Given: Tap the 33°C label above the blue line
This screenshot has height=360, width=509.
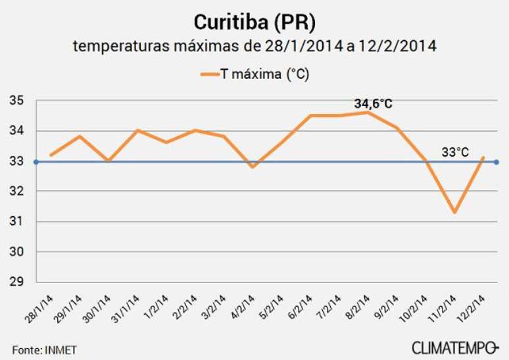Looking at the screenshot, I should pyautogui.click(x=454, y=152).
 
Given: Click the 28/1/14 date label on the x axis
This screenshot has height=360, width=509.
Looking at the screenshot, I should pyautogui.click(x=45, y=304).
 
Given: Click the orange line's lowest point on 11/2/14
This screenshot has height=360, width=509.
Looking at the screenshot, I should pyautogui.click(x=454, y=212).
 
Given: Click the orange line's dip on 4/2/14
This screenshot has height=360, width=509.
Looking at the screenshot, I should pyautogui.click(x=253, y=167).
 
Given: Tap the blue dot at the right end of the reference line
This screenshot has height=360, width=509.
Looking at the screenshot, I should pyautogui.click(x=496, y=161).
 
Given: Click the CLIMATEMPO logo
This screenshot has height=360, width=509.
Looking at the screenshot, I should pyautogui.click(x=455, y=347).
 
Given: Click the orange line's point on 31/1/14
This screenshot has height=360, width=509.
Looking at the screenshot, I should pyautogui.click(x=137, y=130).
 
